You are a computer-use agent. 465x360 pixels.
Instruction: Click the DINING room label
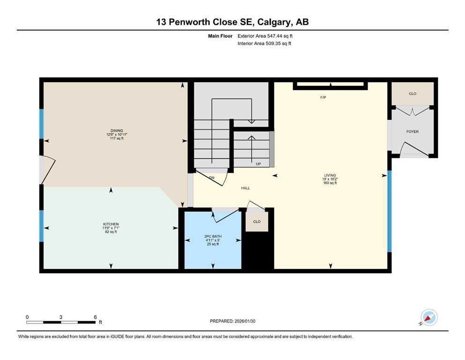pos(117,131)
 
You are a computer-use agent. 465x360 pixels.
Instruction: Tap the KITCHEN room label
pos(111,224)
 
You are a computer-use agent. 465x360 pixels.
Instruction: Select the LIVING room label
pos(330,174)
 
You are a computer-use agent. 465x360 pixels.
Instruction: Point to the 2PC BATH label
pos(212,236)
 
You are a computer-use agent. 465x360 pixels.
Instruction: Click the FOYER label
pos(412,132)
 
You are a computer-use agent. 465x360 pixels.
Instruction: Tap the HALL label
pos(245,188)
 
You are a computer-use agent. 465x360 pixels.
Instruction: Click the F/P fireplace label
pos(323,98)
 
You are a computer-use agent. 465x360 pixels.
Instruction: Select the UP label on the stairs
pos(258,164)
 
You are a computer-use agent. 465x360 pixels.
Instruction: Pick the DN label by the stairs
pos(212,178)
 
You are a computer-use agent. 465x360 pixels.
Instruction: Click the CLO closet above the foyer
pos(412,94)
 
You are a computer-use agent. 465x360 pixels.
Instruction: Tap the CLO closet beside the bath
pos(257,221)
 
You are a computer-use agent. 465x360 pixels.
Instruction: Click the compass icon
pos(428,317)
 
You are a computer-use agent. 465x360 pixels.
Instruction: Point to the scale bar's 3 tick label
pos(61,317)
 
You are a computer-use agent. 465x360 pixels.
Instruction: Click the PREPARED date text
pos(233,321)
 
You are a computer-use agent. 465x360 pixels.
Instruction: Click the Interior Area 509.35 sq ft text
pos(264,44)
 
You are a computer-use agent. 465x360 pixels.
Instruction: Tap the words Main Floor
pos(220,36)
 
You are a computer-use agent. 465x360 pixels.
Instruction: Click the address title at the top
pos(232,22)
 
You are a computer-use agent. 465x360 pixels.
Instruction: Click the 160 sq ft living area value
pos(330,183)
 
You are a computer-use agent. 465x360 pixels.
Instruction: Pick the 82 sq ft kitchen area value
pos(111,232)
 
